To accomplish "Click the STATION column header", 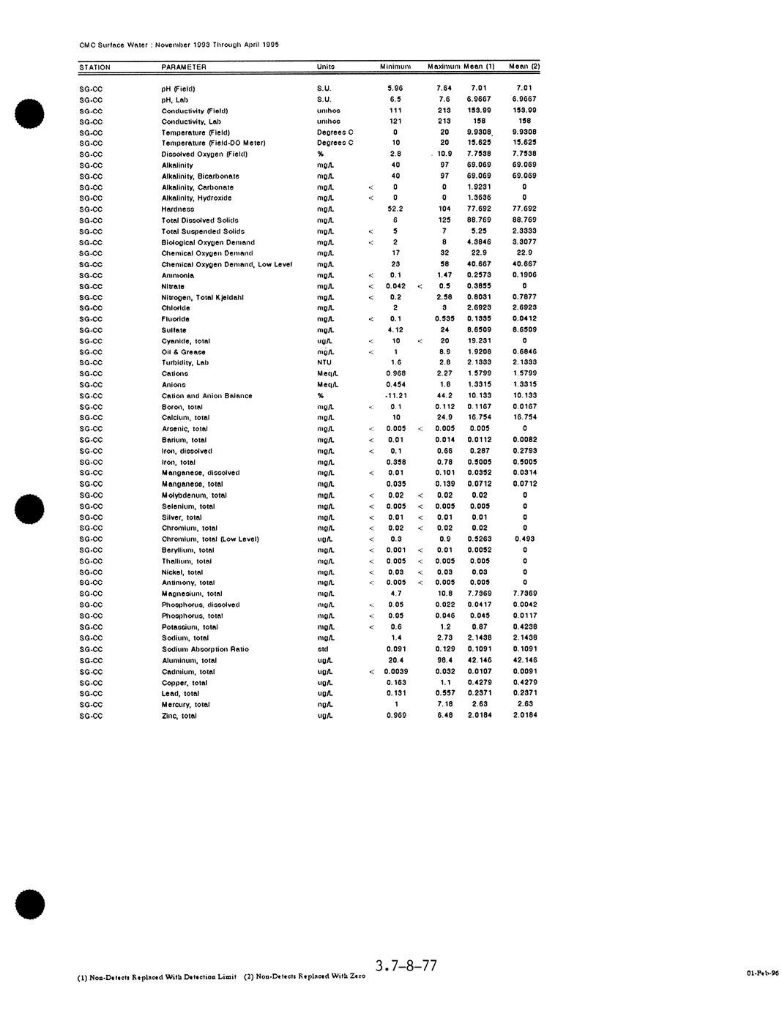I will (94, 67).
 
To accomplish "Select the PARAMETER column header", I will (184, 67).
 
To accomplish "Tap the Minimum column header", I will (395, 67).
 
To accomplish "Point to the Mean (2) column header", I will (524, 67).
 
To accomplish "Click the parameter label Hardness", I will (178, 209).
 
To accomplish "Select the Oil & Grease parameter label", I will (184, 352).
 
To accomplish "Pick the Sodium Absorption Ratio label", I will (205, 649).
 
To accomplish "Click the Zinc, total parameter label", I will (179, 716).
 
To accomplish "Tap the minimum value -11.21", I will (396, 396).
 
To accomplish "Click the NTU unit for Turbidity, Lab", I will (324, 362).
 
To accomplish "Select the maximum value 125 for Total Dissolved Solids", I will (444, 220).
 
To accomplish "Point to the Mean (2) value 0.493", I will (524, 539).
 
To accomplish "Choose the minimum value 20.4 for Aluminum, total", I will (396, 660).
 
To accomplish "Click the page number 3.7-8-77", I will (406, 966).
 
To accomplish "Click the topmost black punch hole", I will (30, 113).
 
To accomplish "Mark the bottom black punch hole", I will (30, 904).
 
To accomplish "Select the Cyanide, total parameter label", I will (186, 341).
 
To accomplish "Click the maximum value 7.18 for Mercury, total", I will (445, 704).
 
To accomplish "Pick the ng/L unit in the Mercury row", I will (324, 705).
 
